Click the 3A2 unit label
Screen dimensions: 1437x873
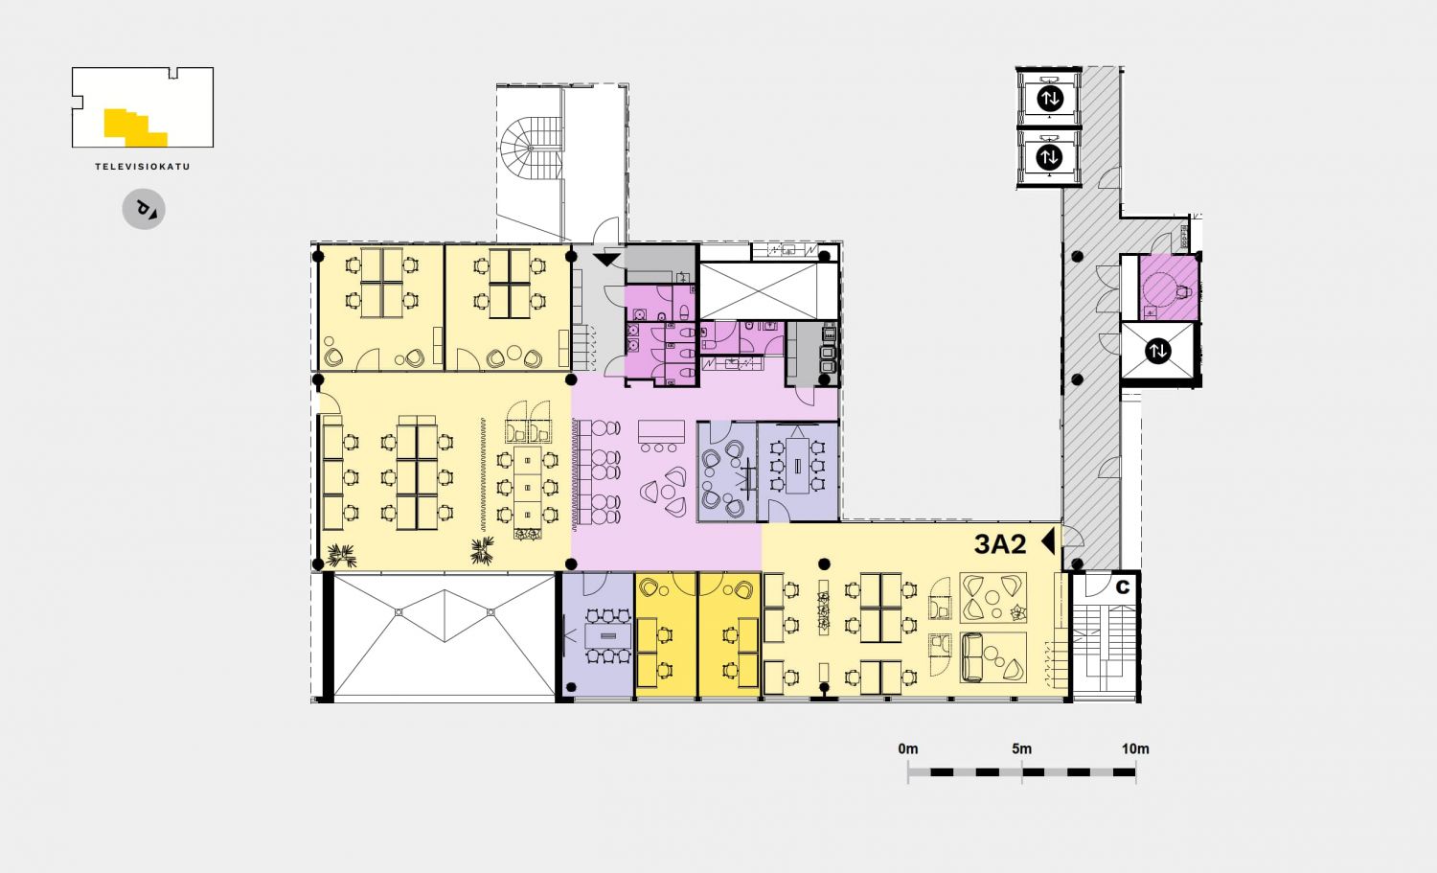[1000, 544]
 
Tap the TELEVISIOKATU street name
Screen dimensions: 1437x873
[143, 166]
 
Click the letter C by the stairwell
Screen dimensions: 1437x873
[1123, 586]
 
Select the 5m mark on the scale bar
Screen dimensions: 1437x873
[1022, 748]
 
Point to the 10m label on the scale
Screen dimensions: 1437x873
[1135, 748]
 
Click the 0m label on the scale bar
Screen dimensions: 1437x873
[908, 748]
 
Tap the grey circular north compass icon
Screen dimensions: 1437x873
[144, 209]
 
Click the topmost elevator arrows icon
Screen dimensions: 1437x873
[1050, 99]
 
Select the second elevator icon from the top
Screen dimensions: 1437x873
[1050, 156]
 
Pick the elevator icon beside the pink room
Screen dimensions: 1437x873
[1158, 351]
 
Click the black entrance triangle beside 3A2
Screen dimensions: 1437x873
[1048, 541]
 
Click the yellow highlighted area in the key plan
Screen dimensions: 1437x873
[135, 127]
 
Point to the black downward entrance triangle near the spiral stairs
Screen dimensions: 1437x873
[605, 260]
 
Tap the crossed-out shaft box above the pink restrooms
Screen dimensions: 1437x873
[768, 290]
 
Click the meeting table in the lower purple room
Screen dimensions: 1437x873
[606, 636]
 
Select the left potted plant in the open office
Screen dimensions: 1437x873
[341, 555]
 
